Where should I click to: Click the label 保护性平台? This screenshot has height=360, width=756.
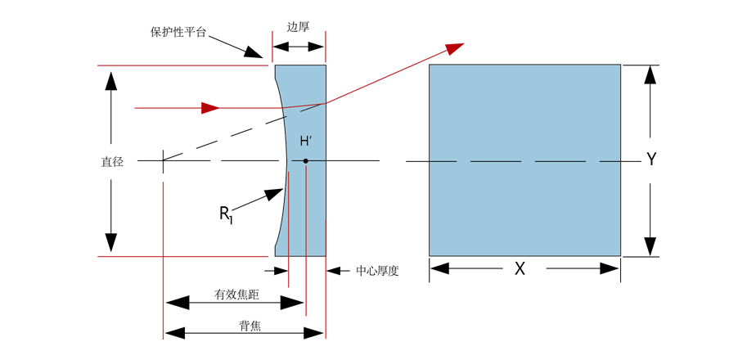[x=178, y=33]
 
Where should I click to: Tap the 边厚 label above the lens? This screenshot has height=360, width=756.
[x=298, y=26]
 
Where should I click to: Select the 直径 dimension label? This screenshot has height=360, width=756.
[x=112, y=162]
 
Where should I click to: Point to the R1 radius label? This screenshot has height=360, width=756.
[x=225, y=214]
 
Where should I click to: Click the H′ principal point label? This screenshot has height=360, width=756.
[x=307, y=142]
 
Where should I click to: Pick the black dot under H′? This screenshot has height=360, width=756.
[x=305, y=160]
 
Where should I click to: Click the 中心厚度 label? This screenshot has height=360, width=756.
[x=377, y=271]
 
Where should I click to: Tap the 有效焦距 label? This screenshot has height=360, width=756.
[x=236, y=295]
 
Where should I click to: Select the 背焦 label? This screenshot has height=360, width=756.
[x=250, y=326]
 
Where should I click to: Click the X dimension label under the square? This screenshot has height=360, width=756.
[x=520, y=268]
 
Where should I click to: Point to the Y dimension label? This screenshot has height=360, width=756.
[x=651, y=160]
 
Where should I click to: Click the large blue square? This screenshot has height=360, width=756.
[x=524, y=160]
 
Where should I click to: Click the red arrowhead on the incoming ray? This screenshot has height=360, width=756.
[x=210, y=107]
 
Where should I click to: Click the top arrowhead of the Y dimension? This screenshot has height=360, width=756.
[x=650, y=74]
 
